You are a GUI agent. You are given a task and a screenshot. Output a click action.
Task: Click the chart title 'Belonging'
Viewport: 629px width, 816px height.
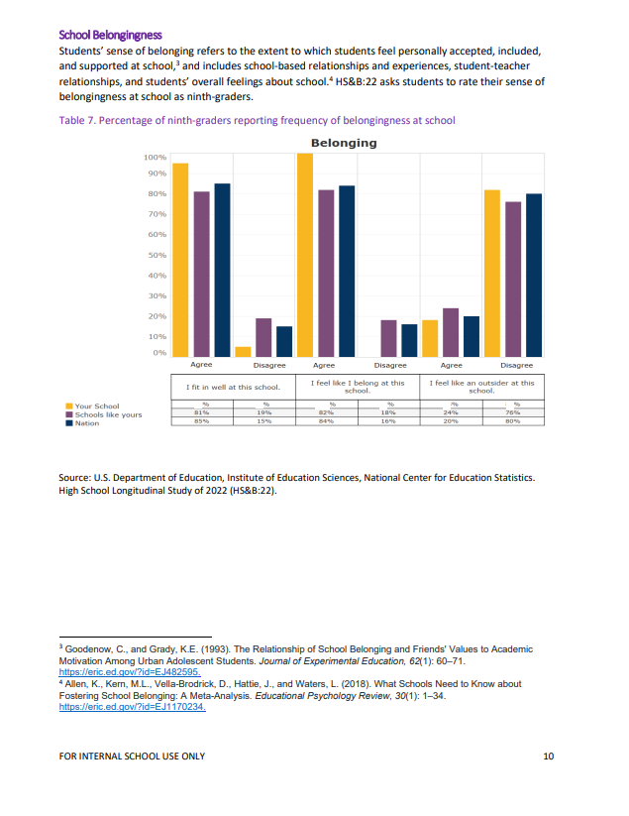pos(344,143)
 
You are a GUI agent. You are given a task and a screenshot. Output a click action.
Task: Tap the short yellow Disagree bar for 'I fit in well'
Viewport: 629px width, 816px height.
pos(243,351)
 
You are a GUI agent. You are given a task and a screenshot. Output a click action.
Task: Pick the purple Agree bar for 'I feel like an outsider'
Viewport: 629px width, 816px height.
pos(450,332)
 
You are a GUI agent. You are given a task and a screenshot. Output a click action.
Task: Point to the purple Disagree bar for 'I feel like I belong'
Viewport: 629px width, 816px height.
pos(388,338)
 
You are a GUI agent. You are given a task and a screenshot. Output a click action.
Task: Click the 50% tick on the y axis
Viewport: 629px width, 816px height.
pos(156,255)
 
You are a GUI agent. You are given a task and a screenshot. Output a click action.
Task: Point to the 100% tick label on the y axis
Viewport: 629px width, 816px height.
pos(155,158)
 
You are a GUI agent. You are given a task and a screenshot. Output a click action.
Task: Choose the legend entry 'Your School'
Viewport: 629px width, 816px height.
pos(96,406)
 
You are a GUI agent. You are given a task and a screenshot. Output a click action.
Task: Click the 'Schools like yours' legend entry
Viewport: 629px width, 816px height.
pos(108,414)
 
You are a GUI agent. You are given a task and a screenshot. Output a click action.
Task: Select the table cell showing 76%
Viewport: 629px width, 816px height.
pos(513,412)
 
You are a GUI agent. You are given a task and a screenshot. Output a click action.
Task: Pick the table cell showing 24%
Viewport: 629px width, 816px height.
pos(451,412)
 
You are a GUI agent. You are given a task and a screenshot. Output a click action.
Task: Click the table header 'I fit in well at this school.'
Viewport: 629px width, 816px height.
pos(226,387)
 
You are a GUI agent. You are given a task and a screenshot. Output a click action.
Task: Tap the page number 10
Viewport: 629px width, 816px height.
pos(548,758)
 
